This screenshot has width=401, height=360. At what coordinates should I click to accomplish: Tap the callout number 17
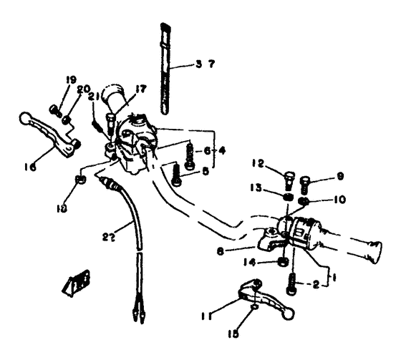(x=140, y=89)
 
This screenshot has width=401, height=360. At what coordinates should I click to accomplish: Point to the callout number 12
(x=258, y=162)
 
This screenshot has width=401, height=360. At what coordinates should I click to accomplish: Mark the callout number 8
(x=221, y=250)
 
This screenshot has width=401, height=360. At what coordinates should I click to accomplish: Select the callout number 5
(x=206, y=171)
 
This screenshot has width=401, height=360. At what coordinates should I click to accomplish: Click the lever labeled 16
(x=50, y=132)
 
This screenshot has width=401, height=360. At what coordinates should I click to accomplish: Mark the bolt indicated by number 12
(x=287, y=175)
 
